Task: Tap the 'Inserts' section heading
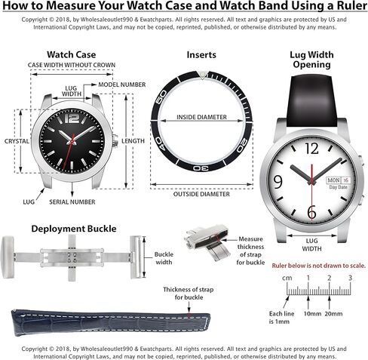click(x=201, y=54)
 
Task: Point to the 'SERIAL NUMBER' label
click(x=94, y=202)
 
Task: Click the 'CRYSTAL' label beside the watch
click(x=16, y=141)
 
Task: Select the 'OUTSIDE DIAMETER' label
click(x=202, y=194)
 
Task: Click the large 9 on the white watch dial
click(x=278, y=181)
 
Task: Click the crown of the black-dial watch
click(x=115, y=140)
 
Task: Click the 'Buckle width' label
click(x=164, y=259)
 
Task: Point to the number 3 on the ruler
click(x=349, y=278)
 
